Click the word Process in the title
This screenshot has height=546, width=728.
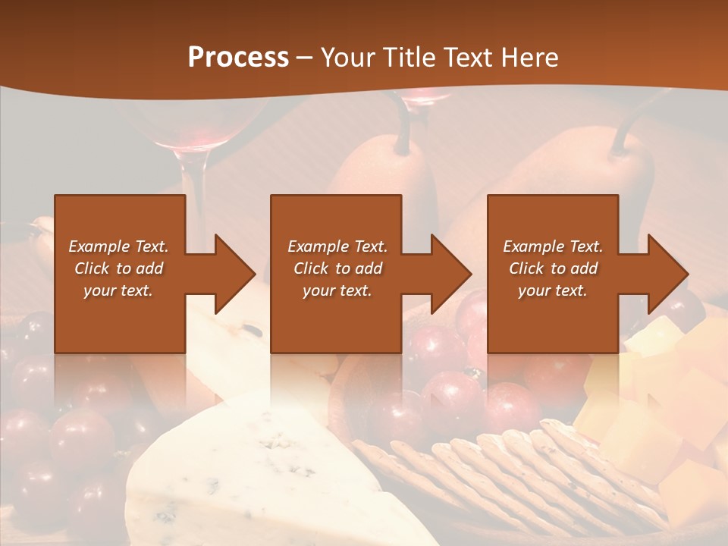pos(238,58)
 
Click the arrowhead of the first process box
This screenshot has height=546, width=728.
pos(235,274)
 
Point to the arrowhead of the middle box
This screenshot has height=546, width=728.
pos(451,274)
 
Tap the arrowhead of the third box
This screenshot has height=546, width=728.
pos(667,274)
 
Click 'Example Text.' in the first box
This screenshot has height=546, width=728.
pos(118,246)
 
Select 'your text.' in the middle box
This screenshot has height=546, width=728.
pos(337,290)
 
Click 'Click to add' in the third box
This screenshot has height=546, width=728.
pos(553,268)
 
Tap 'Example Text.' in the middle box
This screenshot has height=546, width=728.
pos(337,246)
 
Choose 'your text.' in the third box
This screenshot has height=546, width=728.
pos(553,290)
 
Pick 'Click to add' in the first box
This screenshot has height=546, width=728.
pos(118,268)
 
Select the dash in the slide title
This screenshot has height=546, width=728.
pos(305,58)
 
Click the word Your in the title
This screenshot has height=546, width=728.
pos(348,58)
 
